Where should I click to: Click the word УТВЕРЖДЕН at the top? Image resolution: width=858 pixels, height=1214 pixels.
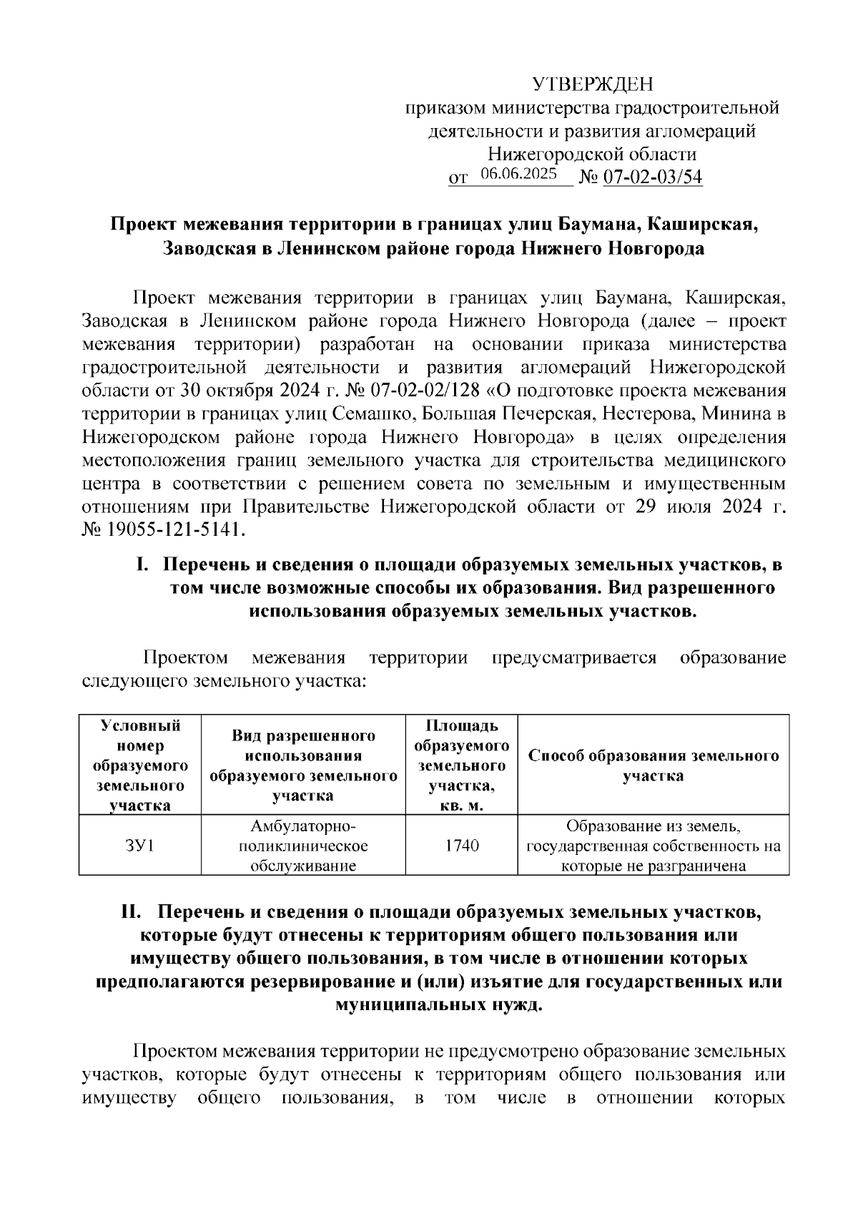coord(593,85)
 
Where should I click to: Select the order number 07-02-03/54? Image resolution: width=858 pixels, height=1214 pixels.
coord(653,177)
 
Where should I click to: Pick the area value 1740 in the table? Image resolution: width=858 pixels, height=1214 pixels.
coord(461,846)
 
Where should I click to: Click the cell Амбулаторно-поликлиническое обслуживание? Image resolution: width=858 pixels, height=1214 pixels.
coord(303,846)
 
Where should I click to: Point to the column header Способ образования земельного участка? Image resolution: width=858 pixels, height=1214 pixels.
coord(653,765)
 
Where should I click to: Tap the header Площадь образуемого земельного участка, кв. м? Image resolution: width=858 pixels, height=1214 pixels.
coord(461,765)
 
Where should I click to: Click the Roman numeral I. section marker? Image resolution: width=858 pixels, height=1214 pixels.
coord(142,565)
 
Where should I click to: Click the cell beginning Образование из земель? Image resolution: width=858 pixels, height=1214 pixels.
coord(653,846)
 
